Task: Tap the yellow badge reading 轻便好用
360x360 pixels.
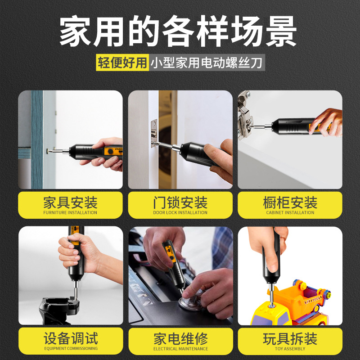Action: (122, 63)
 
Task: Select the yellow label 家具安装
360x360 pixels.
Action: (70, 202)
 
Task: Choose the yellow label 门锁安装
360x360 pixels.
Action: (180, 202)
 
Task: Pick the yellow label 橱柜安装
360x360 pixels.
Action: (290, 202)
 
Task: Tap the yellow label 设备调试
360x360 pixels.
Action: (70, 338)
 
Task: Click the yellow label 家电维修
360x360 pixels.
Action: (180, 338)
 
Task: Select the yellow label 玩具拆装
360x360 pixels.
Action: (290, 338)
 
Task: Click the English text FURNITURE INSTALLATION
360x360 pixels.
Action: (70, 213)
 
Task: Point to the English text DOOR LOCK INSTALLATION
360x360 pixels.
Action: (180, 213)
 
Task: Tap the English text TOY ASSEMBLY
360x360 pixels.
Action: (290, 349)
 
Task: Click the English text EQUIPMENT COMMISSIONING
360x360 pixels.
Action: (70, 349)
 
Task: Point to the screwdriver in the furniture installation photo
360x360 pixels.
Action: (90, 151)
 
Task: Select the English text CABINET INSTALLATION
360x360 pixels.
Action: (290, 213)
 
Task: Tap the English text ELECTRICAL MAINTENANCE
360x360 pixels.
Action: (180, 349)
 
